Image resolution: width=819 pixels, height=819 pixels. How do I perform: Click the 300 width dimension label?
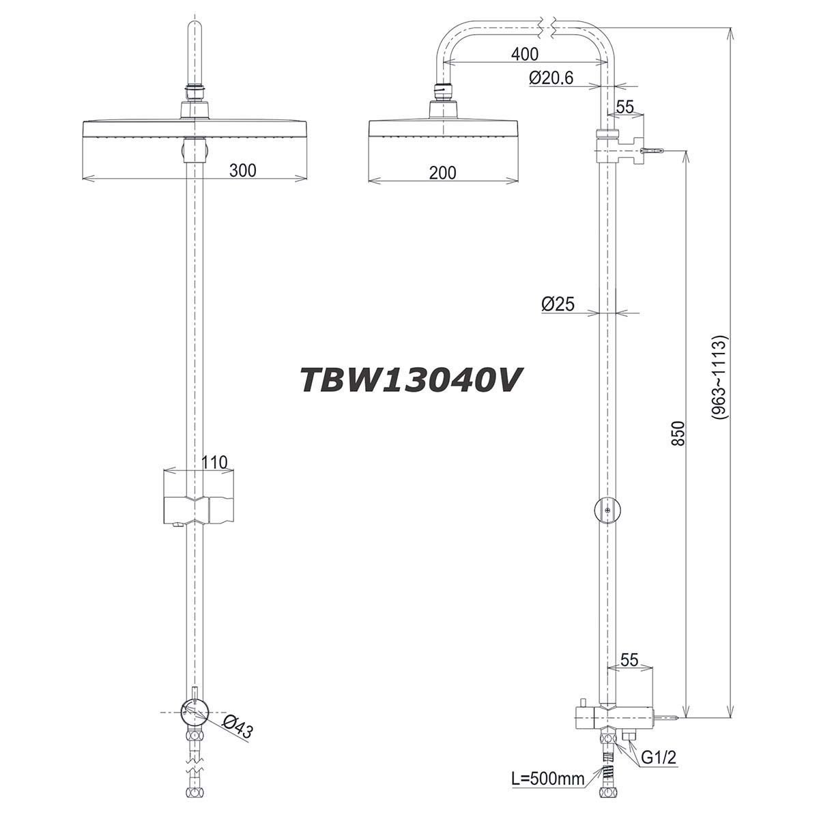point(242,171)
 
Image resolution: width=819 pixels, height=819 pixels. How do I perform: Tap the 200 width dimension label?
point(443,173)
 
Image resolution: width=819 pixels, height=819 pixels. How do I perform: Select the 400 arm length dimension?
point(524,54)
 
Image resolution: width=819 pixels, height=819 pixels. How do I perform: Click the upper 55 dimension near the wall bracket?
point(625,106)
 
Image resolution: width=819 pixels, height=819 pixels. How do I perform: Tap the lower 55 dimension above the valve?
point(629,660)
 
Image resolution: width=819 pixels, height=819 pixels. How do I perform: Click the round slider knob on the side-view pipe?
point(606,509)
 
